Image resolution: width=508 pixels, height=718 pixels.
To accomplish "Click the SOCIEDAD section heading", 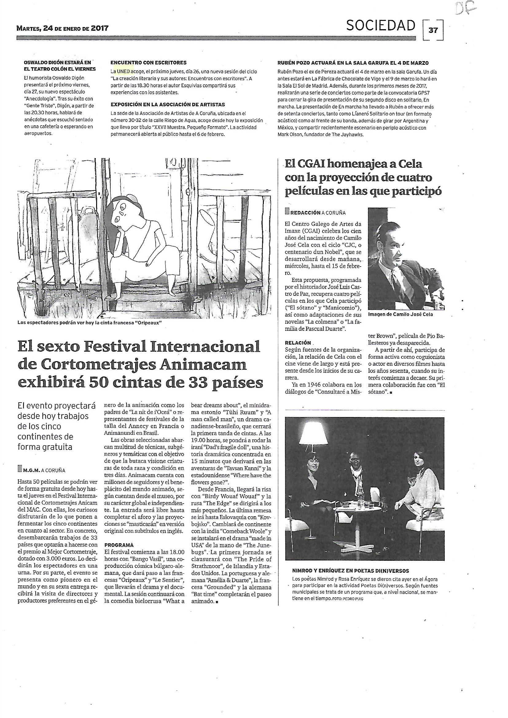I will tap(380, 26).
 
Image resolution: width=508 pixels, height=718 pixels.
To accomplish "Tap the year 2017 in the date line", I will tap(98, 29).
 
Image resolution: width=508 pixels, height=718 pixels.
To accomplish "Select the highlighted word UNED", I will tap(123, 71).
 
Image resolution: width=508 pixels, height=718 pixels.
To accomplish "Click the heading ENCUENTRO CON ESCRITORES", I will tap(148, 63).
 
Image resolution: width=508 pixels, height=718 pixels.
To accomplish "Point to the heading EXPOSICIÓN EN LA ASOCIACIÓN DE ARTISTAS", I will tap(168, 104).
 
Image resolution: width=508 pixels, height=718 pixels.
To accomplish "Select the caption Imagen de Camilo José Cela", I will tap(401, 314).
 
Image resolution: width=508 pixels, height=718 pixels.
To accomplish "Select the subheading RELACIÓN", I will tap(298, 343).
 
